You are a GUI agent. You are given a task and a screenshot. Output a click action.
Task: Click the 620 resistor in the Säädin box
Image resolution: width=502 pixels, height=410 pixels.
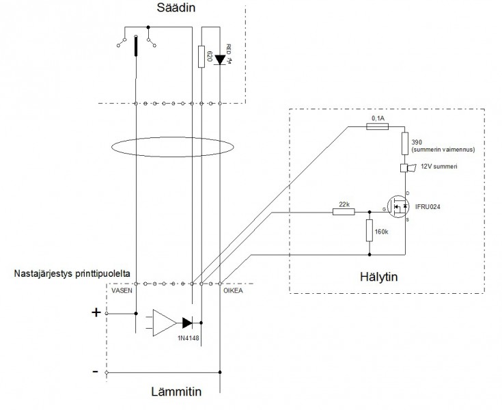(x=201, y=57)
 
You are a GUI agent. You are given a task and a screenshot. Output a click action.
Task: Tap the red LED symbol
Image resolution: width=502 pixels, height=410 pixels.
(x=219, y=59)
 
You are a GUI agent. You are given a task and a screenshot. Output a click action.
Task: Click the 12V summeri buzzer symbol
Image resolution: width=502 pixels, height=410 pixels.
(x=404, y=169)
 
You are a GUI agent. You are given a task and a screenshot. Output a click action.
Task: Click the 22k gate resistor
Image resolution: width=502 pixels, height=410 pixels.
(x=343, y=212)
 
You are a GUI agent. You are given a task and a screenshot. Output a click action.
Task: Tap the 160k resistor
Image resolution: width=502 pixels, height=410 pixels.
(x=369, y=231)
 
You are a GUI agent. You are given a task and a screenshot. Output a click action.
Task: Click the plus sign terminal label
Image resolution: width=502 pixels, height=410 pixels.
(x=96, y=313)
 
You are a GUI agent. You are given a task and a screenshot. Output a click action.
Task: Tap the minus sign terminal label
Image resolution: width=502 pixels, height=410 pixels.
(x=96, y=372)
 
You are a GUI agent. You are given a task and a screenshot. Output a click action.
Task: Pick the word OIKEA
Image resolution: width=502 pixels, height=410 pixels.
(x=233, y=290)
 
